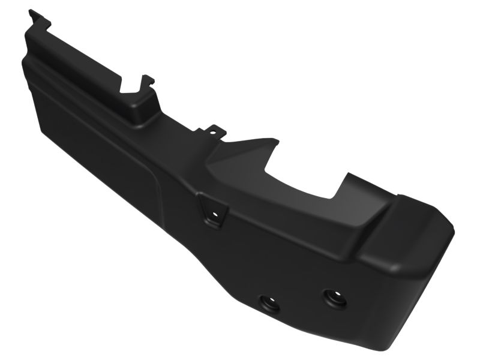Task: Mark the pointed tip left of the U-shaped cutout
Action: tap(277, 141)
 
